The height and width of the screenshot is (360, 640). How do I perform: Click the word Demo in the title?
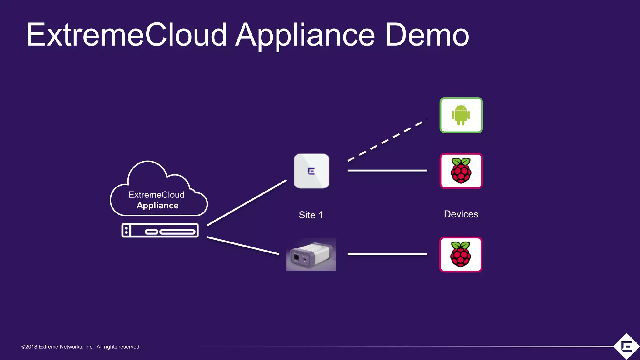point(427,35)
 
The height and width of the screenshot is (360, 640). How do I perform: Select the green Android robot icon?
point(461,115)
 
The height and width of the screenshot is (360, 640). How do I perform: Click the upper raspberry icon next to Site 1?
point(461,171)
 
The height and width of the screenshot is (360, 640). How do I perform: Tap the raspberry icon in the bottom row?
point(461,255)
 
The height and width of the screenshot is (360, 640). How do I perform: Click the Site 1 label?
point(311,215)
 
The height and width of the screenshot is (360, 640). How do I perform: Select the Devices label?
point(461,214)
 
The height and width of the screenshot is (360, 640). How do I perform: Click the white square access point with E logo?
point(312,171)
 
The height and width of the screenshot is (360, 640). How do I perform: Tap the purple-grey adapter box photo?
point(311,255)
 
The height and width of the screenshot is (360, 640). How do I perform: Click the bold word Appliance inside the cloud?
point(157,206)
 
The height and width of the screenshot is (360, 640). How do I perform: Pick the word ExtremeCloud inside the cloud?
point(156,195)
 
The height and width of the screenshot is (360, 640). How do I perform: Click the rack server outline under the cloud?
point(160,231)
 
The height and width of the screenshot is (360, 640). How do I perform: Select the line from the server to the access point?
point(247,202)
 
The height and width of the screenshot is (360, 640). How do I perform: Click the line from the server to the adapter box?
point(243,246)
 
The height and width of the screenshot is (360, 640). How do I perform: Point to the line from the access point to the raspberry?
point(387,171)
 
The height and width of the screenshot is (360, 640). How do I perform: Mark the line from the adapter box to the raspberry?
point(387,254)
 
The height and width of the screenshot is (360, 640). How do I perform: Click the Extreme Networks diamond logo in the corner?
point(627,346)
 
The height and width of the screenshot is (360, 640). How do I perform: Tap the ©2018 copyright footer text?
point(80,347)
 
